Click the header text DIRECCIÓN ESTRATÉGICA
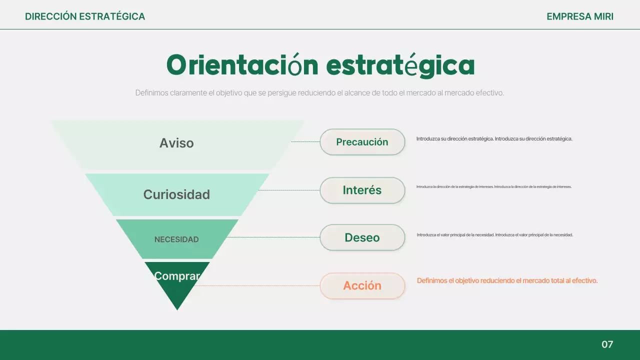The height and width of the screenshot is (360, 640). point(85,16)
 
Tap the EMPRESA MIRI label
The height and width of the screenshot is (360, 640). point(580,16)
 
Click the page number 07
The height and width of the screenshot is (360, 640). point(607,344)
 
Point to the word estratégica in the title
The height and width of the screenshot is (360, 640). point(400,65)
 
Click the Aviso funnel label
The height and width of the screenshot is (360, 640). point(176,143)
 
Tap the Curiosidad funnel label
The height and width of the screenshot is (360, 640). point(176,194)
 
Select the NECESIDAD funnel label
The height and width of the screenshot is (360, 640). point(176,239)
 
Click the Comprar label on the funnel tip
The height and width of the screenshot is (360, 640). point(177,276)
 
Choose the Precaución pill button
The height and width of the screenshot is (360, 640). point(362,142)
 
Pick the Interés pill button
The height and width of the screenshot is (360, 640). point(362,190)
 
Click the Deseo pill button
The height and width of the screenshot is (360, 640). point(362,237)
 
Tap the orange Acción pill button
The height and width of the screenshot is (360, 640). point(362,285)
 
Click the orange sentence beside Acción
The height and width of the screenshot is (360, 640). point(507,281)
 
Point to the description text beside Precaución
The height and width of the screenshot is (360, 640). point(494,138)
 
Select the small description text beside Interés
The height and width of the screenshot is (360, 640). point(493,186)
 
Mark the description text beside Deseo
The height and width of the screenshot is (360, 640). point(494,234)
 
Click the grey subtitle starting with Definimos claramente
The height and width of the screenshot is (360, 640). point(319,93)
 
